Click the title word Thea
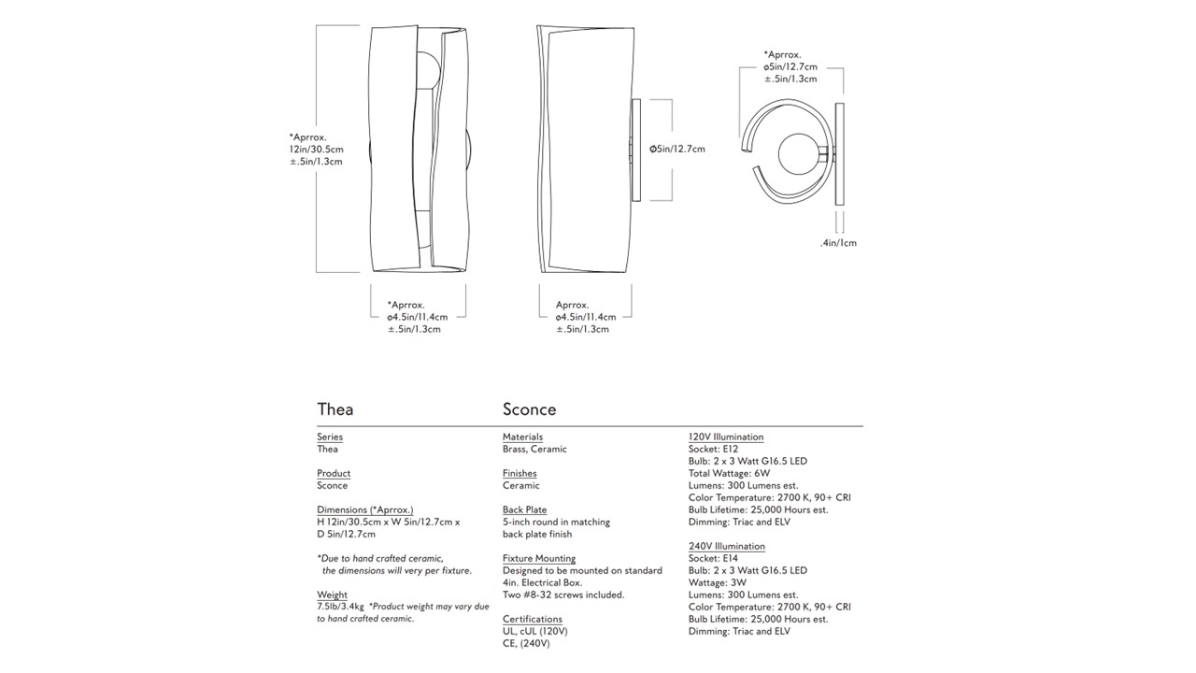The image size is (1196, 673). point(335,409)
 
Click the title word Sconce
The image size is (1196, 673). point(529,409)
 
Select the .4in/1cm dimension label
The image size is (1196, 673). point(838,243)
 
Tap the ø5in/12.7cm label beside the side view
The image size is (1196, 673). point(677,149)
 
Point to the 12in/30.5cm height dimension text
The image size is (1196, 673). point(316,150)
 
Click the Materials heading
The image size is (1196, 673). point(522,437)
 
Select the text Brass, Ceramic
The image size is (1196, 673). point(534,449)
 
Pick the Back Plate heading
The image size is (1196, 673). point(524,509)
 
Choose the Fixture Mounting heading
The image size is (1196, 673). point(539,558)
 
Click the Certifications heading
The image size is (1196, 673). point(533,619)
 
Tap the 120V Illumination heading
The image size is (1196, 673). point(726,437)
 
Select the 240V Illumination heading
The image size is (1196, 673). point(726,546)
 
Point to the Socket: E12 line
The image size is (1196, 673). point(713,449)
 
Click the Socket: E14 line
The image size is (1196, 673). point(713,558)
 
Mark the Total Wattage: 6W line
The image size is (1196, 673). point(730,473)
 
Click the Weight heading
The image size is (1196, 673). point(332,594)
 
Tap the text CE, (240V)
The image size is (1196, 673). point(526,643)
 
